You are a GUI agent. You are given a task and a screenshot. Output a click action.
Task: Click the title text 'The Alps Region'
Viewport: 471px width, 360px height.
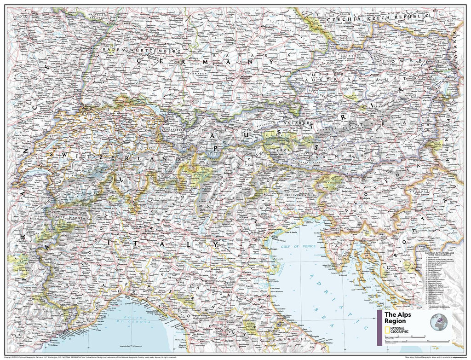(x=396, y=318)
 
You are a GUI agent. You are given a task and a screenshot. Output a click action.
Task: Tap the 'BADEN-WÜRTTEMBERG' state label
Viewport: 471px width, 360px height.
(x=140, y=50)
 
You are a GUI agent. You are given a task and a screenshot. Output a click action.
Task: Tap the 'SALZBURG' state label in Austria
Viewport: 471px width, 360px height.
(x=299, y=123)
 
